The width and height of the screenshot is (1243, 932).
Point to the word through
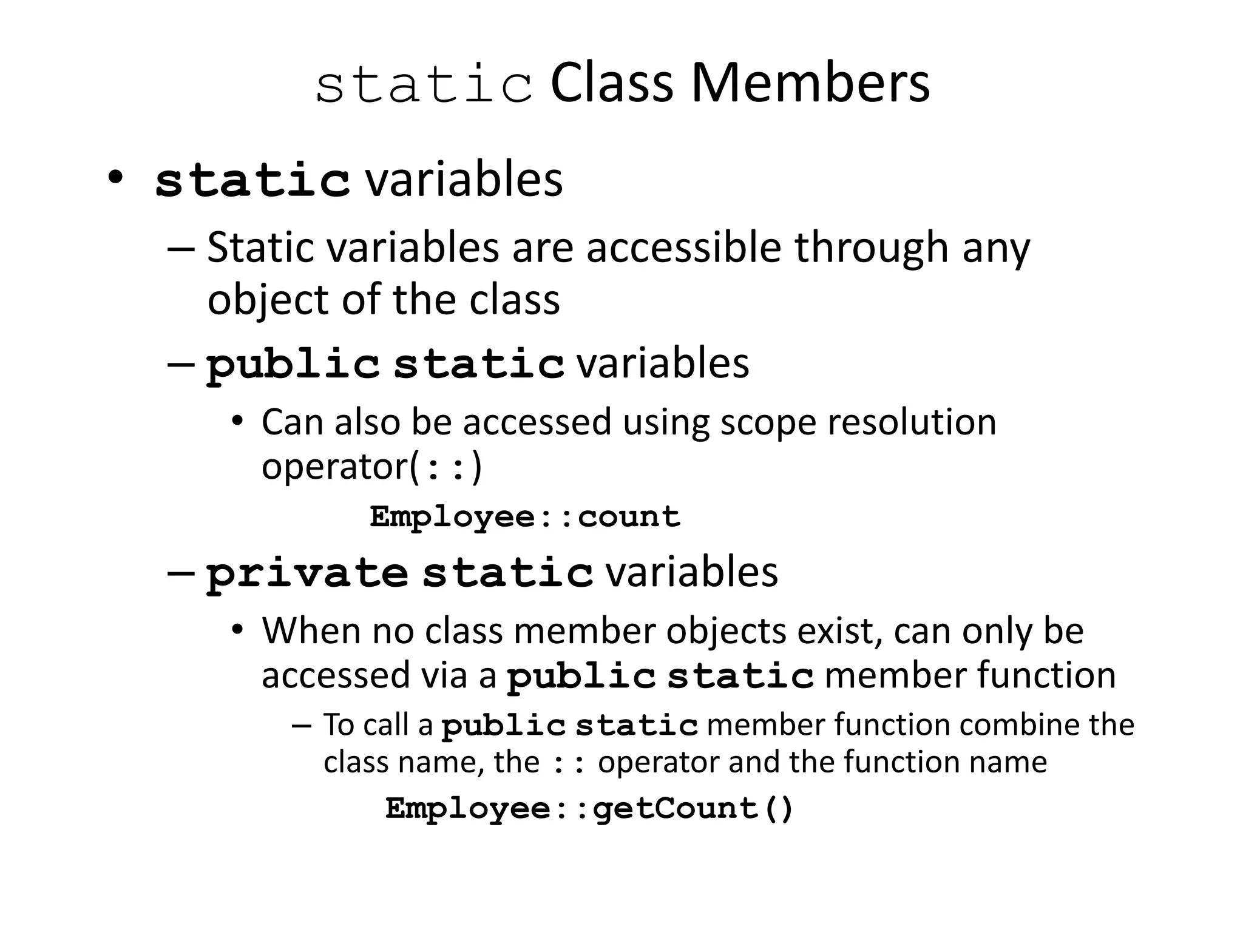[871, 249]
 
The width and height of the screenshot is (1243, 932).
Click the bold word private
[307, 574]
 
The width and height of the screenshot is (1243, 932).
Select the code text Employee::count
[525, 517]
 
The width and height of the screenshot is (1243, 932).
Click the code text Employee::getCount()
[589, 808]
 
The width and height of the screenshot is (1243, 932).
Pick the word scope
[768, 422]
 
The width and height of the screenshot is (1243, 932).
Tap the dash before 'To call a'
[301, 726]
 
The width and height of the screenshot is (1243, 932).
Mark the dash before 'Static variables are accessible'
[181, 249]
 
